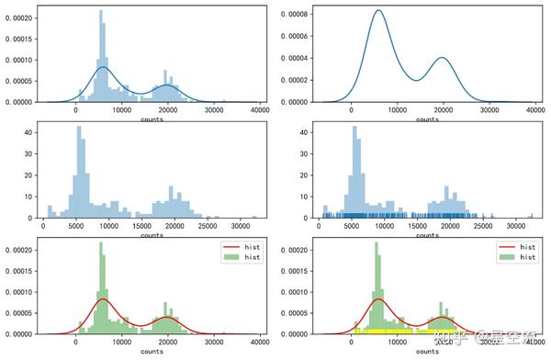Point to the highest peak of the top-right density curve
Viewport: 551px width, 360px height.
pos(378,11)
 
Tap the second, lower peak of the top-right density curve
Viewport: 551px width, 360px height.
pos(442,58)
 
